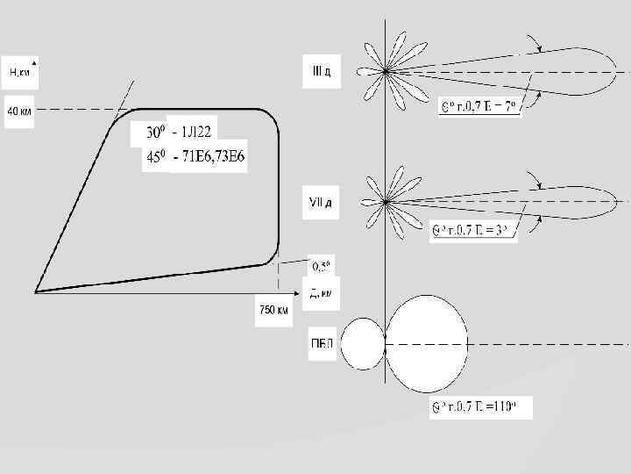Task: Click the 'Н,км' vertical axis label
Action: point(21,70)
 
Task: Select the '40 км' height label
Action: point(20,112)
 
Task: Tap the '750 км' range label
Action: point(273,309)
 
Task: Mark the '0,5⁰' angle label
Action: point(322,266)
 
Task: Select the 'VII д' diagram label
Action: point(318,204)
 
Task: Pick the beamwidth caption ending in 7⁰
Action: point(480,107)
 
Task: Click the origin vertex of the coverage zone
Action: point(36,291)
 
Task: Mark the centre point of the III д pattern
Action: point(386,71)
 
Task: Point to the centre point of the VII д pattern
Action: point(386,202)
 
